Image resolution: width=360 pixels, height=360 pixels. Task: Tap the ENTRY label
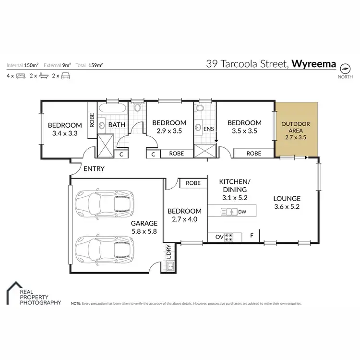click(x=94, y=169)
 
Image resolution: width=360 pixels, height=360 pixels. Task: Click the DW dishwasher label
click(x=242, y=211)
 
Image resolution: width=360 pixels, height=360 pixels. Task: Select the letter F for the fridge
click(x=252, y=236)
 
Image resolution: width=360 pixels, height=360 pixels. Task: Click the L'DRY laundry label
click(x=168, y=253)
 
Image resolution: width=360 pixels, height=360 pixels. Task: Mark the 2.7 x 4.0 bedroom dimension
click(x=184, y=220)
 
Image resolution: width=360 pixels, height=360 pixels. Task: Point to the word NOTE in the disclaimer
click(x=76, y=304)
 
